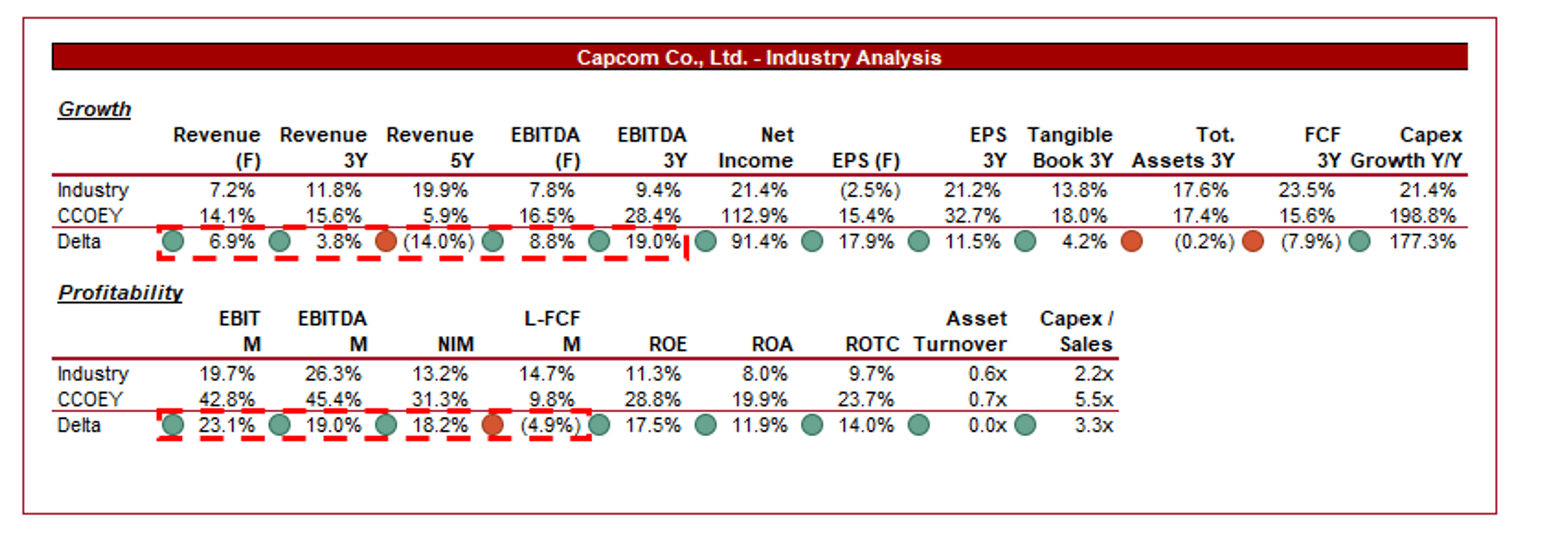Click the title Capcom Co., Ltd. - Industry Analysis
point(759,58)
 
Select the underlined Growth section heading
point(95,109)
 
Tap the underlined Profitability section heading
point(120,293)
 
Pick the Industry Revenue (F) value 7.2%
point(232,190)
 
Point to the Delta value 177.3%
point(1422,242)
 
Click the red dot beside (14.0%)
point(386,241)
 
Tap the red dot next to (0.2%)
point(1131,241)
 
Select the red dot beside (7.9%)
point(1253,241)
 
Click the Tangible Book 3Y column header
point(1070,148)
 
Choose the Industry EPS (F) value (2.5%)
point(870,190)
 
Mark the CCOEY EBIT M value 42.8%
point(227,400)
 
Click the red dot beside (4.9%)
point(492,425)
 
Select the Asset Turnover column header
point(961,331)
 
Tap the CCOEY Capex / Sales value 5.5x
point(1093,400)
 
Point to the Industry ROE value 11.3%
point(653,374)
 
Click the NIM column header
point(455,344)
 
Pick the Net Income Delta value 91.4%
point(759,242)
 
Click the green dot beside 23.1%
point(173,425)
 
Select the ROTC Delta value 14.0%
point(866,425)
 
